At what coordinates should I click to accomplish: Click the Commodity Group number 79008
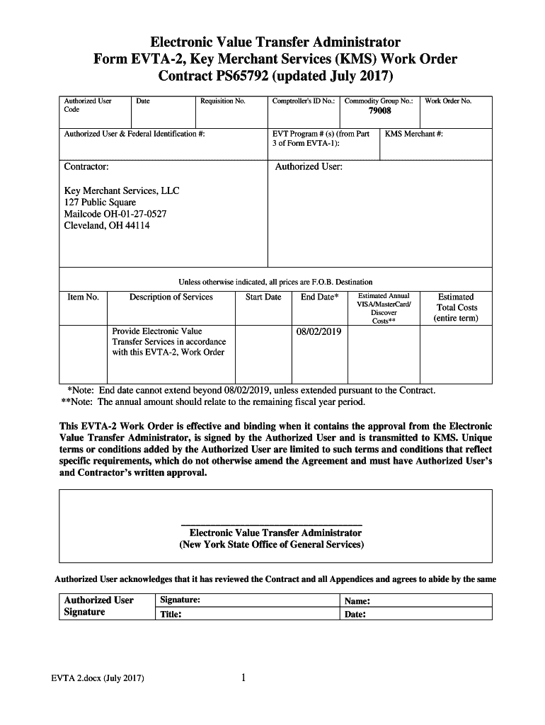(x=379, y=112)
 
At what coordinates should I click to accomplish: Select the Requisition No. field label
(x=222, y=101)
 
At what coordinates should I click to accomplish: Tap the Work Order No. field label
(x=447, y=101)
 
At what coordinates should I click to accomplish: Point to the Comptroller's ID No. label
(x=303, y=101)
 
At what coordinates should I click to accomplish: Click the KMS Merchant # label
(x=414, y=134)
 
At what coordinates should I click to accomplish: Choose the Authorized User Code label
(x=87, y=105)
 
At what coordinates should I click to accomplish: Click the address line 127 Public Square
(x=100, y=202)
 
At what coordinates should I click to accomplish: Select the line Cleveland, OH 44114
(x=107, y=226)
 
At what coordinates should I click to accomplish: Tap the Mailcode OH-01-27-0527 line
(x=115, y=214)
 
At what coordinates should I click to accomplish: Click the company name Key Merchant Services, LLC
(x=122, y=191)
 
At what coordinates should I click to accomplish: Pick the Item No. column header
(x=83, y=297)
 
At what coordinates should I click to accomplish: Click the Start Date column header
(x=263, y=297)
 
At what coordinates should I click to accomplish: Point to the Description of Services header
(x=171, y=297)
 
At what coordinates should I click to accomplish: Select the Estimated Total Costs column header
(x=456, y=308)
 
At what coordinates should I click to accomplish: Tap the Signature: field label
(x=180, y=600)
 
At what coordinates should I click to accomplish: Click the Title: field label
(x=171, y=615)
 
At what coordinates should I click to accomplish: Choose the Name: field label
(x=358, y=601)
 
